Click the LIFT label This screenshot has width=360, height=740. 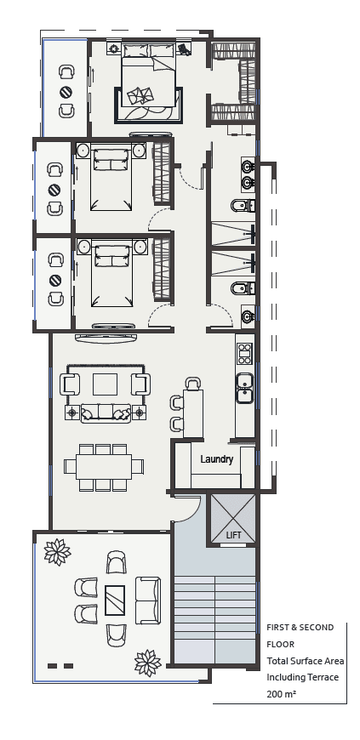point(233,535)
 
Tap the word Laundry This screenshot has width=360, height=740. point(216,459)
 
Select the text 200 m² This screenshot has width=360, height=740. point(280,694)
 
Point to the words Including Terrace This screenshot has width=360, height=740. point(302,677)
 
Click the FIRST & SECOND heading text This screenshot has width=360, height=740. point(300,627)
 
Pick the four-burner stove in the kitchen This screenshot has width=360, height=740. point(244,352)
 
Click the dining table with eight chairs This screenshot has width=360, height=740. point(104,467)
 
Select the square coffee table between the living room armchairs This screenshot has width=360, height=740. point(106,384)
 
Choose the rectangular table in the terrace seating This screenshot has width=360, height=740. point(115,601)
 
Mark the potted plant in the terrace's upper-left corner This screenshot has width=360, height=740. point(57,552)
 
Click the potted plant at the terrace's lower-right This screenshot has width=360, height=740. point(148,661)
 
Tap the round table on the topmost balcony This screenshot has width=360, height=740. point(66,92)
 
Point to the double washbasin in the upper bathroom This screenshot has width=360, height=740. point(247,174)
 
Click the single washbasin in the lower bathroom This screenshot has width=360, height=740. point(247,316)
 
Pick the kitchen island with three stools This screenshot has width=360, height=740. point(193,413)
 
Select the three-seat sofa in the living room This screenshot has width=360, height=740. point(106,413)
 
